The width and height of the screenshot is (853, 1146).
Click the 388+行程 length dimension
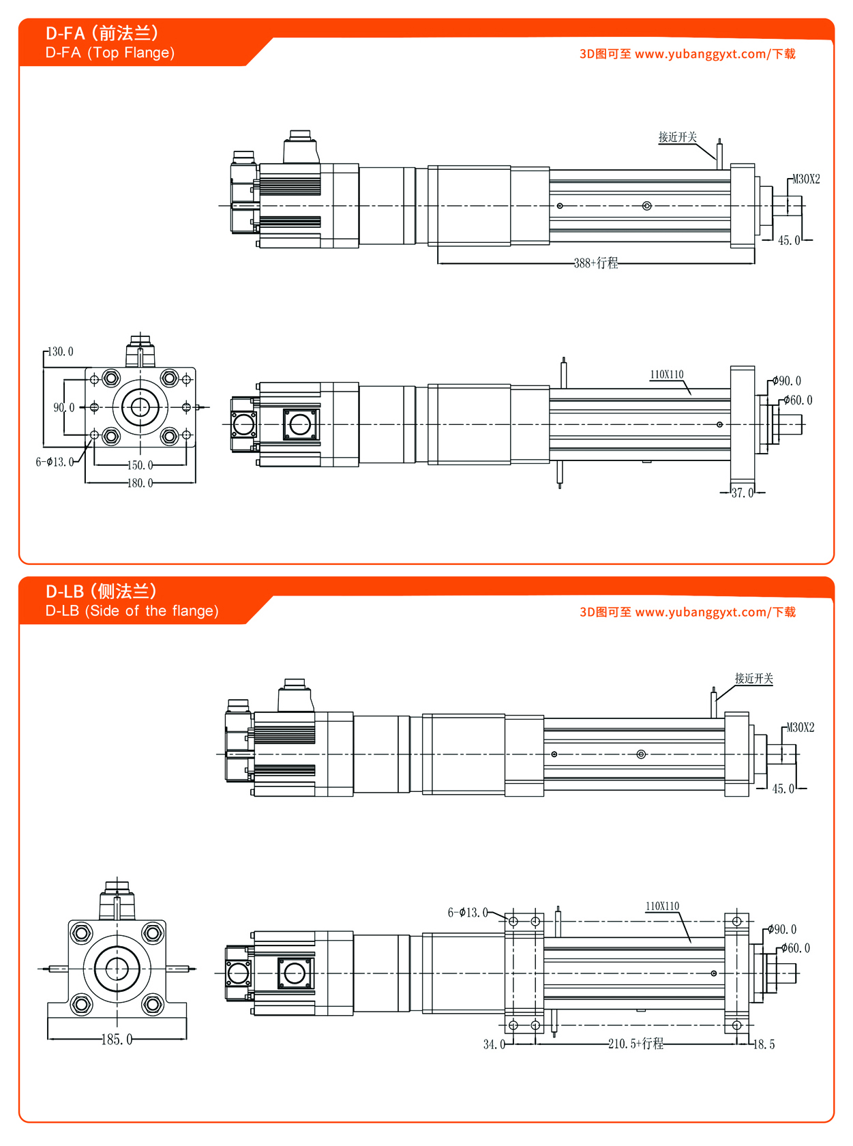coord(596,263)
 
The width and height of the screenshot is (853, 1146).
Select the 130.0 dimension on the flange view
coord(61,352)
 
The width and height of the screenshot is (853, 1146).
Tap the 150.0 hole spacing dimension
coord(140,465)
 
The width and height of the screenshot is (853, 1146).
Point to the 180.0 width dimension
coord(140,483)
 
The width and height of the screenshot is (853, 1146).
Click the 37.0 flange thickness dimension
coord(743,493)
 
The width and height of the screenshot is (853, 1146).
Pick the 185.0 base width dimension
coord(117,1040)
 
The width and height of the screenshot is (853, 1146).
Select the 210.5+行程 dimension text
coord(635,1044)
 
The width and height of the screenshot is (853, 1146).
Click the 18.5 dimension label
coord(764,1044)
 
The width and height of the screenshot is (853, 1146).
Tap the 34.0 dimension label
coord(494,1044)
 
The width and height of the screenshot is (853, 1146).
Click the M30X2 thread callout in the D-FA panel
coord(806,179)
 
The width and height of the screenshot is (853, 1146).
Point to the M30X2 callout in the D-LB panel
coord(800,728)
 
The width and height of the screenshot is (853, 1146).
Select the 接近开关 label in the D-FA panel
coord(678,137)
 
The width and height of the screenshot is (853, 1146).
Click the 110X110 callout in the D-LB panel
coord(663,907)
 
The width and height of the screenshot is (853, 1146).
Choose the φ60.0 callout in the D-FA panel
coord(798,400)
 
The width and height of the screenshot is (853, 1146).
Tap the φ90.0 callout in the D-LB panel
coord(782,930)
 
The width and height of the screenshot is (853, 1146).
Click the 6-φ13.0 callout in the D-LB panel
coord(468,913)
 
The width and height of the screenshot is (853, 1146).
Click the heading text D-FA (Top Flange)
coord(110,53)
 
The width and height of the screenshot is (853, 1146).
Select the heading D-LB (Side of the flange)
coord(132,611)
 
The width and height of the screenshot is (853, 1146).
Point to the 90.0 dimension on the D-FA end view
coord(64,408)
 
